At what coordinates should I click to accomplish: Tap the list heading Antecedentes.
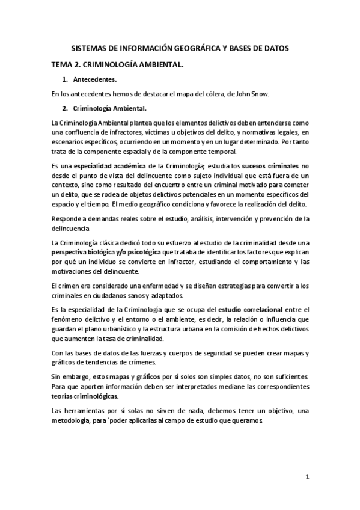pyautogui.click(x=95, y=79)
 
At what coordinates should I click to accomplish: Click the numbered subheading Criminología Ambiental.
pyautogui.click(x=109, y=108)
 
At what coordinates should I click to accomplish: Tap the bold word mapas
pyautogui.click(x=137, y=375)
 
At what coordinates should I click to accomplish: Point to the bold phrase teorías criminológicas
pyautogui.click(x=84, y=397)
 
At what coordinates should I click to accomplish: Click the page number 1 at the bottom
pyautogui.click(x=307, y=477)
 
